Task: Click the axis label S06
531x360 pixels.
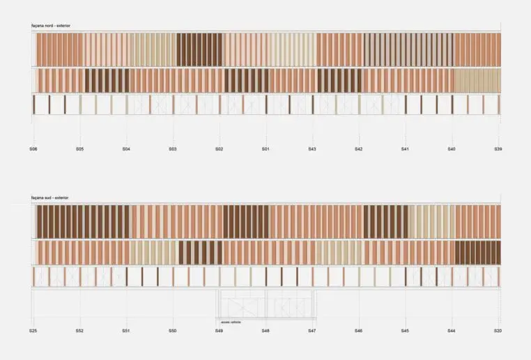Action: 33,149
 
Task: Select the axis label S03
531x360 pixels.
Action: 172,149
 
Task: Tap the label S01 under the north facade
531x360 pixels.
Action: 265,149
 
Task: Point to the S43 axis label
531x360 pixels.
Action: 312,149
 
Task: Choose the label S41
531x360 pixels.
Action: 405,149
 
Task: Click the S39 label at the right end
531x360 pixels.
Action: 498,149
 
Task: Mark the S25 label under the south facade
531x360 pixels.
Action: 33,330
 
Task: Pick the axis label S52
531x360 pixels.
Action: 79,330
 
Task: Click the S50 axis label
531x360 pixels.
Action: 172,330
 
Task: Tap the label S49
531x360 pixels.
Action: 219,330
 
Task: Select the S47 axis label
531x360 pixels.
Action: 312,330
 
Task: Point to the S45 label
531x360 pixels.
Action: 405,330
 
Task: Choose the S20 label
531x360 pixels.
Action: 498,330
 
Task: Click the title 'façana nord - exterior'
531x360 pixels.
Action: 51,26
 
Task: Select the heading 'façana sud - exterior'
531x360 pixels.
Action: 50,198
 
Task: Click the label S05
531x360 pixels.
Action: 79,149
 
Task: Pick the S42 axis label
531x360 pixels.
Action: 358,149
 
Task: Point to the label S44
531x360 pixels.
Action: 452,330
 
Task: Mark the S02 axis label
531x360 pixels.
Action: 219,149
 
